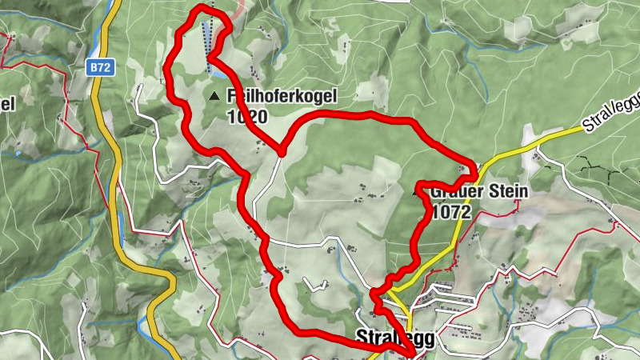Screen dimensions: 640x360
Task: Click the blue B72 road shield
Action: (99, 69)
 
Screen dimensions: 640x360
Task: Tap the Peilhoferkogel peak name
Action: (282, 96)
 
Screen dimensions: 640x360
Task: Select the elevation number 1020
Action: (246, 116)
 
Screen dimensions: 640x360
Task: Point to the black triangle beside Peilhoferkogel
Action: (214, 97)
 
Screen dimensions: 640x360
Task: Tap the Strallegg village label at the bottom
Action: (394, 339)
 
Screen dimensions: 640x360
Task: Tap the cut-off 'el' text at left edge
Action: (8, 103)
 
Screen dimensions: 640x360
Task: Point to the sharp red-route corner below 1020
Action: (282, 150)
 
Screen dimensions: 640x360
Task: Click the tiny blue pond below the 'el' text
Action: (18, 152)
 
